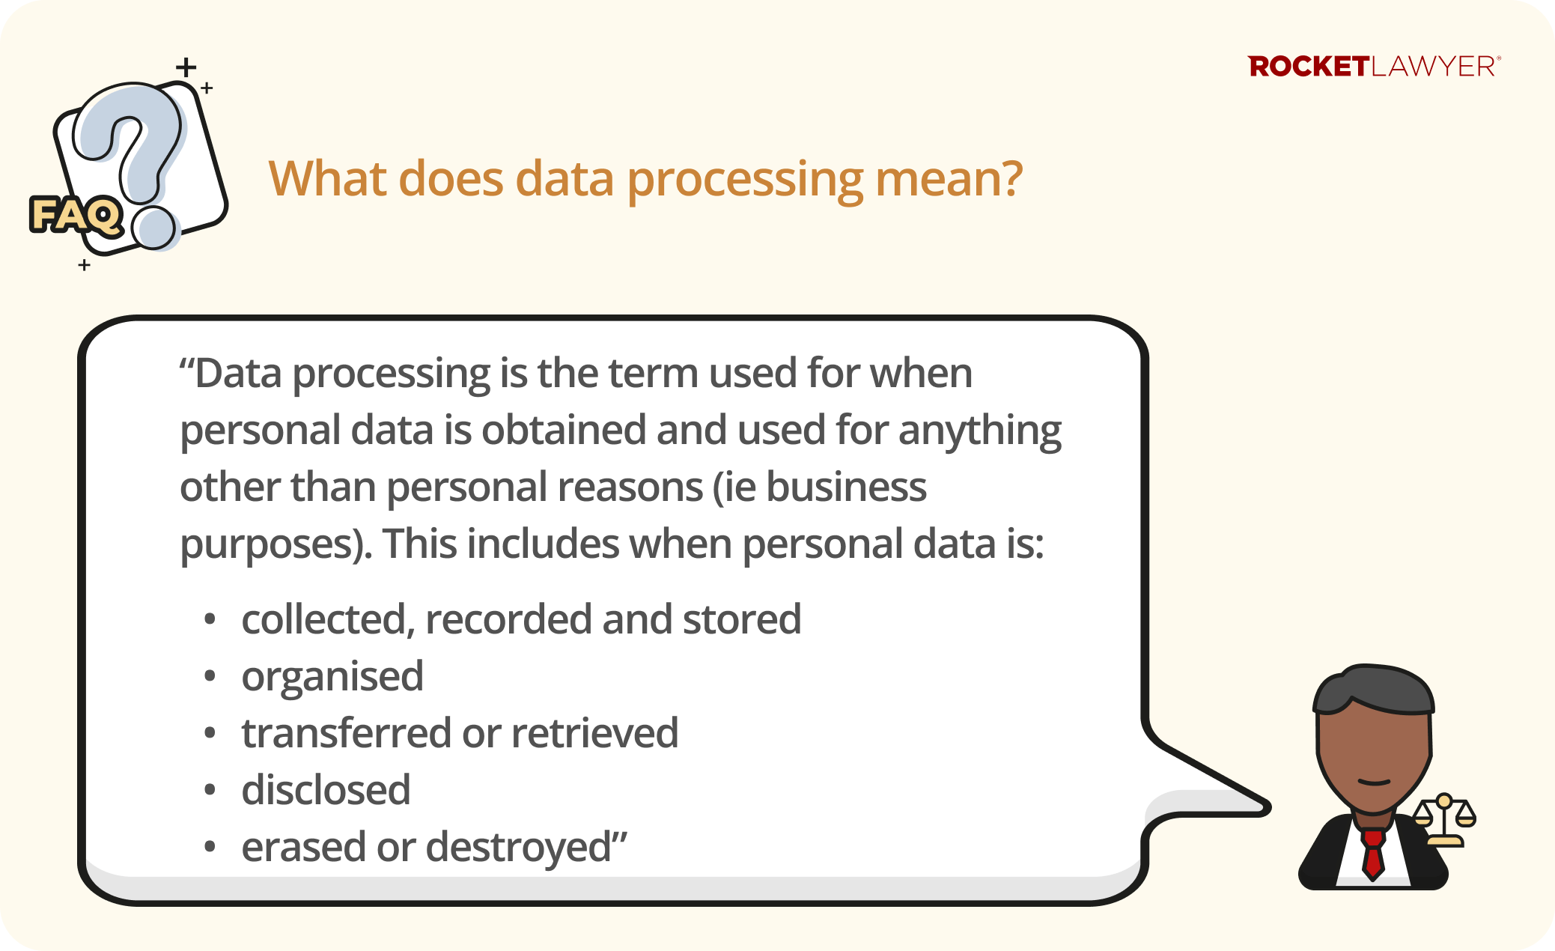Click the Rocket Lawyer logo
pyautogui.click(x=1374, y=67)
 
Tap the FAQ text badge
pyautogui.click(x=76, y=216)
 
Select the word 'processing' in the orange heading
pyautogui.click(x=745, y=180)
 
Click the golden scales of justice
pyautogui.click(x=1444, y=819)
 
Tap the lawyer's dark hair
pyautogui.click(x=1374, y=688)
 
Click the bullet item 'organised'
pyautogui.click(x=332, y=677)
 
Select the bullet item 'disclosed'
pyautogui.click(x=326, y=790)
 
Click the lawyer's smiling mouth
pyautogui.click(x=1374, y=783)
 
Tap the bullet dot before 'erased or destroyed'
pyautogui.click(x=210, y=847)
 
